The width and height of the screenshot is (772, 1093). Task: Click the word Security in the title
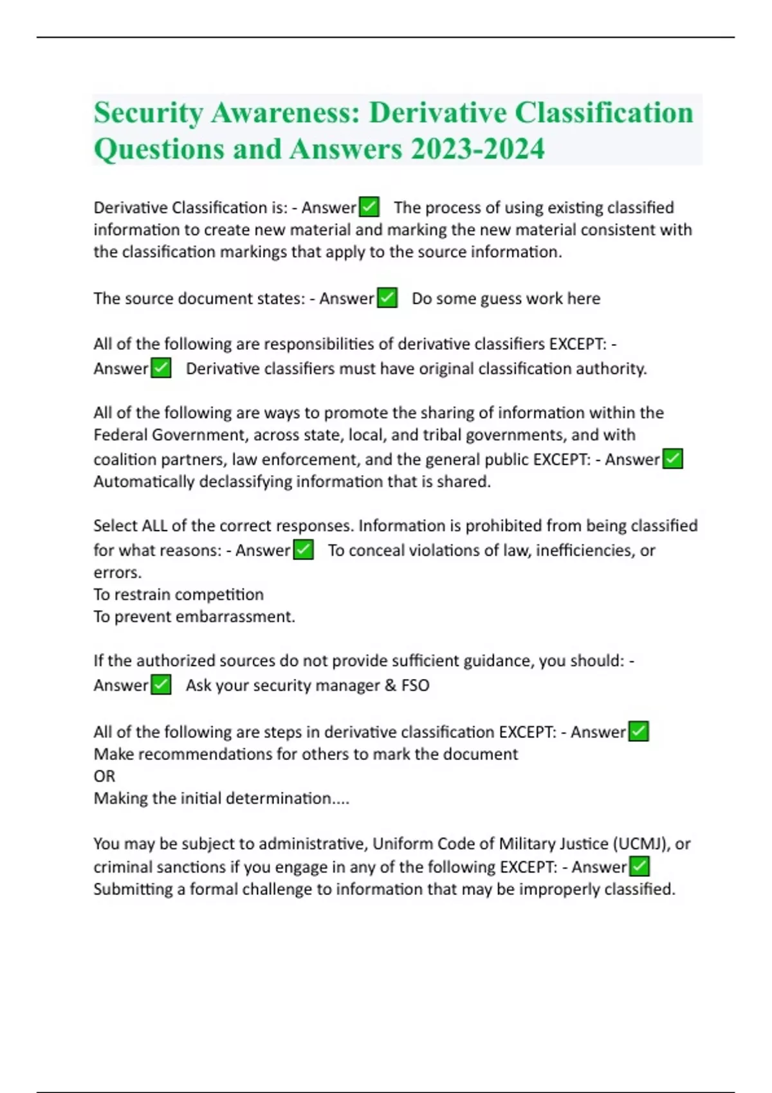coord(148,113)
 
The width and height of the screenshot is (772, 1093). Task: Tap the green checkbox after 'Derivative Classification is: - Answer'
coord(369,207)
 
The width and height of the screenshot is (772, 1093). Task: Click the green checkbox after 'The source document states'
coord(387,298)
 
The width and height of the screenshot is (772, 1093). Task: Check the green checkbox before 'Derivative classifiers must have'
coord(161,368)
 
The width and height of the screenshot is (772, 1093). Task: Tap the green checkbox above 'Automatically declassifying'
coord(672,459)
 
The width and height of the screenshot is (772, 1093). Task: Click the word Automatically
coord(143,482)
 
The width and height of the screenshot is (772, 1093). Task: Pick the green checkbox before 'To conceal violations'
coord(303,550)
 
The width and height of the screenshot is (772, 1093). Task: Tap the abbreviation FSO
coord(415,685)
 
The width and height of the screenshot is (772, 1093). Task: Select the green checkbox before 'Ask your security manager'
coord(161,685)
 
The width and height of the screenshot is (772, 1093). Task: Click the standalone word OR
coord(104,776)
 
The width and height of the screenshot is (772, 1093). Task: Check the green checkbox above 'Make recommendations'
coord(638,732)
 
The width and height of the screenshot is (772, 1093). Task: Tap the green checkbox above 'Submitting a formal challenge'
coord(639,867)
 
